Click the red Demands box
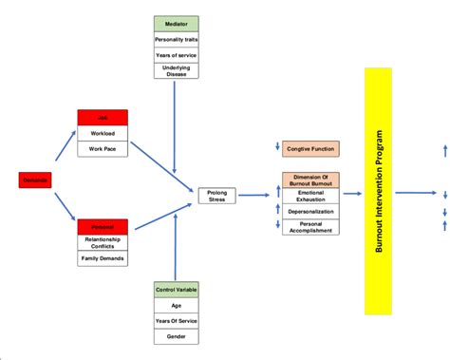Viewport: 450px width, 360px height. (x=35, y=179)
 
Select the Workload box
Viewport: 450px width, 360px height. (x=103, y=134)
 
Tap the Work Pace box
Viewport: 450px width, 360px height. (x=103, y=150)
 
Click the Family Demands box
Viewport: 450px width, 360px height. (x=103, y=258)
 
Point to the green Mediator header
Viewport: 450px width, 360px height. (x=176, y=23)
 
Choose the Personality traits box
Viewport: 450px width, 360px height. (x=176, y=39)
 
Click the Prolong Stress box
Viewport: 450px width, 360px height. (x=216, y=195)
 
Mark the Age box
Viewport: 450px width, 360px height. (x=178, y=306)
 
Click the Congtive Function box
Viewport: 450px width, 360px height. (x=309, y=148)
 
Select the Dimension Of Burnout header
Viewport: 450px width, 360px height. (x=309, y=180)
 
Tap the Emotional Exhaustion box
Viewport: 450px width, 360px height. (x=309, y=198)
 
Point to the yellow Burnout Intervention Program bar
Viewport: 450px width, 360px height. (x=378, y=191)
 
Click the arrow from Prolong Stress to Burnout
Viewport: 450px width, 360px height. (x=253, y=195)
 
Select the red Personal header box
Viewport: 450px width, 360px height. (x=103, y=226)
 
